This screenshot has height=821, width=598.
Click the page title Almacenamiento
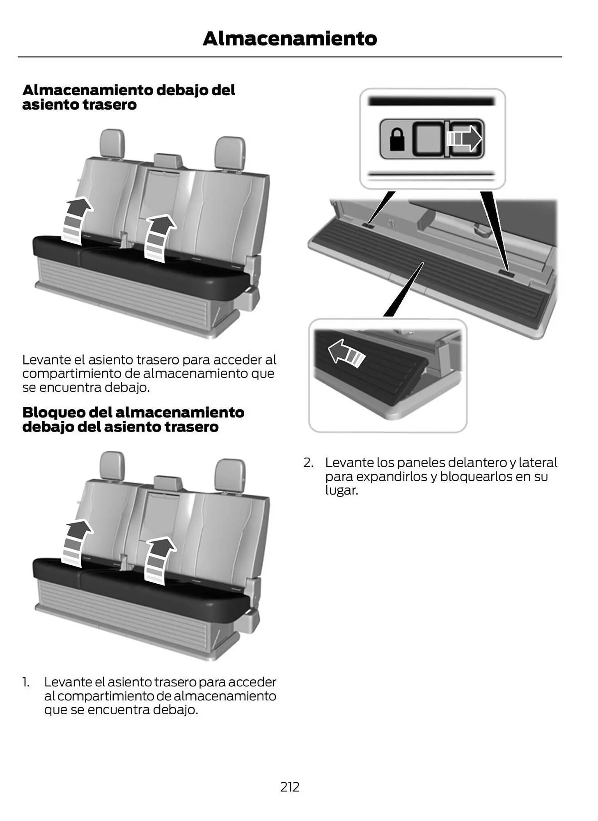(289, 39)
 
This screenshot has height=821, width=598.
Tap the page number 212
(290, 787)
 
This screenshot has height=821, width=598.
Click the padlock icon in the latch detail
(396, 139)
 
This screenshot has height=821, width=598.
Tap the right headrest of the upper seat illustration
(230, 153)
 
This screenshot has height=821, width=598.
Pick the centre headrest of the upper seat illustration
(168, 161)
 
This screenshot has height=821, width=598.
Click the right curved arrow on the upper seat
(158, 237)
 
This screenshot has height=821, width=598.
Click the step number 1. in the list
(26, 682)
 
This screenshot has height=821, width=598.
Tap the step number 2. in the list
(309, 463)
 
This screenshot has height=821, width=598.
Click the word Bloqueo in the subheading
(53, 412)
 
